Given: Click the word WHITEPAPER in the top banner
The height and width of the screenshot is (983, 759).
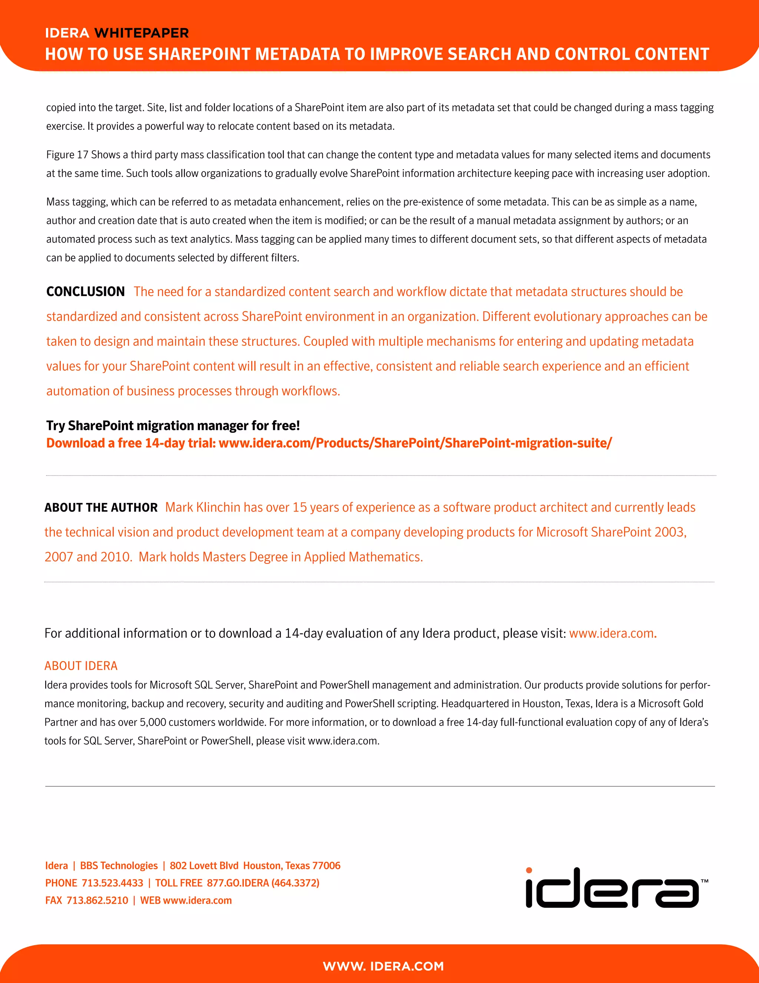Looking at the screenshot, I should pyautogui.click(x=141, y=33).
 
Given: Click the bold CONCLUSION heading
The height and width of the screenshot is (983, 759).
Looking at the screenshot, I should pyautogui.click(x=86, y=292).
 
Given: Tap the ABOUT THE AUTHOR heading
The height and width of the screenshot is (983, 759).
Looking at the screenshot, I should pyautogui.click(x=101, y=508).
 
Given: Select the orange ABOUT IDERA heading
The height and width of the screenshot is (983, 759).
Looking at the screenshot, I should pyautogui.click(x=81, y=666).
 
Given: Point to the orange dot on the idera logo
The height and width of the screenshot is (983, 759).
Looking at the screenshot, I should pyautogui.click(x=529, y=871).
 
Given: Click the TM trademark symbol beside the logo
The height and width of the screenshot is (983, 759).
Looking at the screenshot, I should pyautogui.click(x=704, y=881).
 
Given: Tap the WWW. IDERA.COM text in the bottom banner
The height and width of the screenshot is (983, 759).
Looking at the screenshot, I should pyautogui.click(x=383, y=966).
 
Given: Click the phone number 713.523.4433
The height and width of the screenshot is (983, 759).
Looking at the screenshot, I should pyautogui.click(x=112, y=883).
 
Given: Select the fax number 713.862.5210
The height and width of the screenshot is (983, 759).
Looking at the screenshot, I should pyautogui.click(x=97, y=901).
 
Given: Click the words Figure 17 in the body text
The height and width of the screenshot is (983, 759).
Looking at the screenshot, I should pyautogui.click(x=67, y=155).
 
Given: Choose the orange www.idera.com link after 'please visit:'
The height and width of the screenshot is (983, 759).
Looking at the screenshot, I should pyautogui.click(x=611, y=634).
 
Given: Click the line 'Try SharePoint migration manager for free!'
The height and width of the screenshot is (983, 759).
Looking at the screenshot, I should pyautogui.click(x=173, y=426).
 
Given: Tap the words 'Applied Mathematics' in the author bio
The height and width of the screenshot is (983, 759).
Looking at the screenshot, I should pyautogui.click(x=363, y=557).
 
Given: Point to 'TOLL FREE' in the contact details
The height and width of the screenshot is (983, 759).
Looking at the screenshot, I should pyautogui.click(x=179, y=883).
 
